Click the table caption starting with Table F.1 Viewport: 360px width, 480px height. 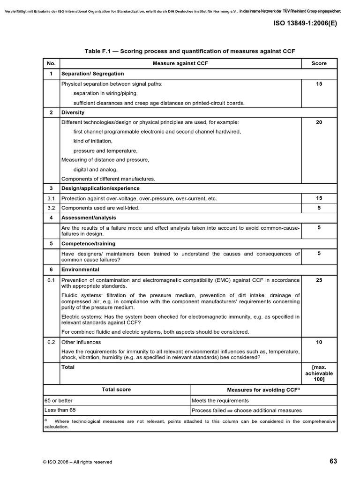click(189, 51)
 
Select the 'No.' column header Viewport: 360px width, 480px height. click(51, 63)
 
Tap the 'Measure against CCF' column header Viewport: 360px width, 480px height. click(180, 63)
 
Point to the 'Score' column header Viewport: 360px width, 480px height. click(319, 63)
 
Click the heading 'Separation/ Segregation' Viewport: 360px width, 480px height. click(93, 74)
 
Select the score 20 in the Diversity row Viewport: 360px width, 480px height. click(319, 122)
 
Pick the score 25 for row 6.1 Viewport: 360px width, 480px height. click(319, 280)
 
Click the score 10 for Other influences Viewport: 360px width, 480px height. click(319, 342)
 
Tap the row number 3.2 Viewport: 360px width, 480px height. click(51, 208)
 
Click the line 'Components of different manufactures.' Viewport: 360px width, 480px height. click(108, 179)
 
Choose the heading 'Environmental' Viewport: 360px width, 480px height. click(80, 270)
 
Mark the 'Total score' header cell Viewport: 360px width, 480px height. click(116, 390)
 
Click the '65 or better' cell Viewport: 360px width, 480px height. click(59, 400)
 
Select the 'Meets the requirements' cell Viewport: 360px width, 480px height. click(220, 400)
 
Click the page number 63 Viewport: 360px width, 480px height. click(333, 461)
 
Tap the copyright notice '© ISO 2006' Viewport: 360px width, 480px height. click(77, 462)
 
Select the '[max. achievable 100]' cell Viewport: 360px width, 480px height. click(319, 373)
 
